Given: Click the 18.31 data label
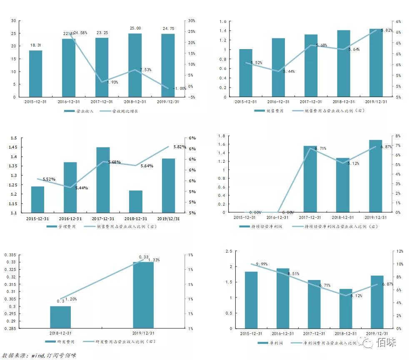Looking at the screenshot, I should coord(35,45).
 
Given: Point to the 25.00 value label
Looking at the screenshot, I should coord(135,28).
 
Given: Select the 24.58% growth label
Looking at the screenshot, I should coord(80,33).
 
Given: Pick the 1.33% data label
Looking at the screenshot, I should coord(153,260).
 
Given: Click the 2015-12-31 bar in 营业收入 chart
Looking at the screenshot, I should coord(35,74).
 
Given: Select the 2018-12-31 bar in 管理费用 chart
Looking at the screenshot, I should coord(135,201).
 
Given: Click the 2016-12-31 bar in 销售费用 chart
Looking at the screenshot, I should coord(278,67).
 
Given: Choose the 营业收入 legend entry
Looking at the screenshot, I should coord(79,111).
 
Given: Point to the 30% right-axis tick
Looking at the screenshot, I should coord(192,21).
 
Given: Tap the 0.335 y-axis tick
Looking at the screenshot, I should coord(10,255).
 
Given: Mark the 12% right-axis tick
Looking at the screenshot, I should coord(399,251).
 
